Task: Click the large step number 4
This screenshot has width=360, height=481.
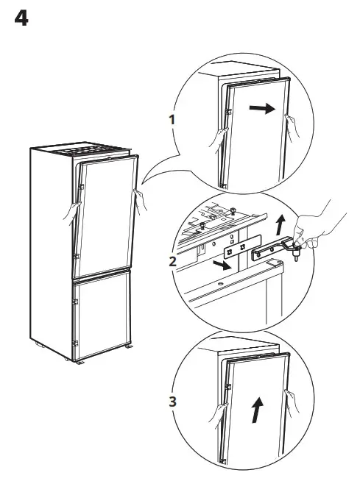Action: [21, 18]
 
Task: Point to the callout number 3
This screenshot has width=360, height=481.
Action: [172, 402]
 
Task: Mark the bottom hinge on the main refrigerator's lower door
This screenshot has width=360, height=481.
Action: [75, 343]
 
